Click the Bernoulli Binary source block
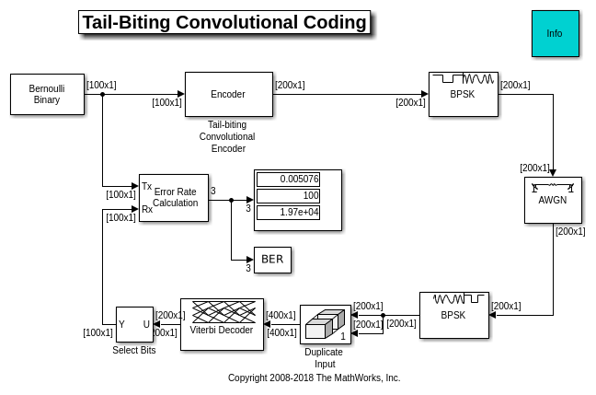pos(47,94)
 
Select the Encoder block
pos(228,94)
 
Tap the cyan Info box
pos(555,34)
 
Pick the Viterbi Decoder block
pos(222,324)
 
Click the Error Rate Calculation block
pos(174,198)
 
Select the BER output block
pos(272,260)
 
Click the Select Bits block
pos(134,324)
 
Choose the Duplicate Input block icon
pos(326,324)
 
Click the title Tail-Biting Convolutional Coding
pos(224,22)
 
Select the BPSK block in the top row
pos(463,94)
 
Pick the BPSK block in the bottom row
pos(453,315)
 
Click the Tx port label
pos(147,186)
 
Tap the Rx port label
pos(147,210)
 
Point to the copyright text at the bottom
pos(315,378)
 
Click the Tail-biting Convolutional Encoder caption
pos(227,136)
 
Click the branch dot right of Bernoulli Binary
pos(102,94)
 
